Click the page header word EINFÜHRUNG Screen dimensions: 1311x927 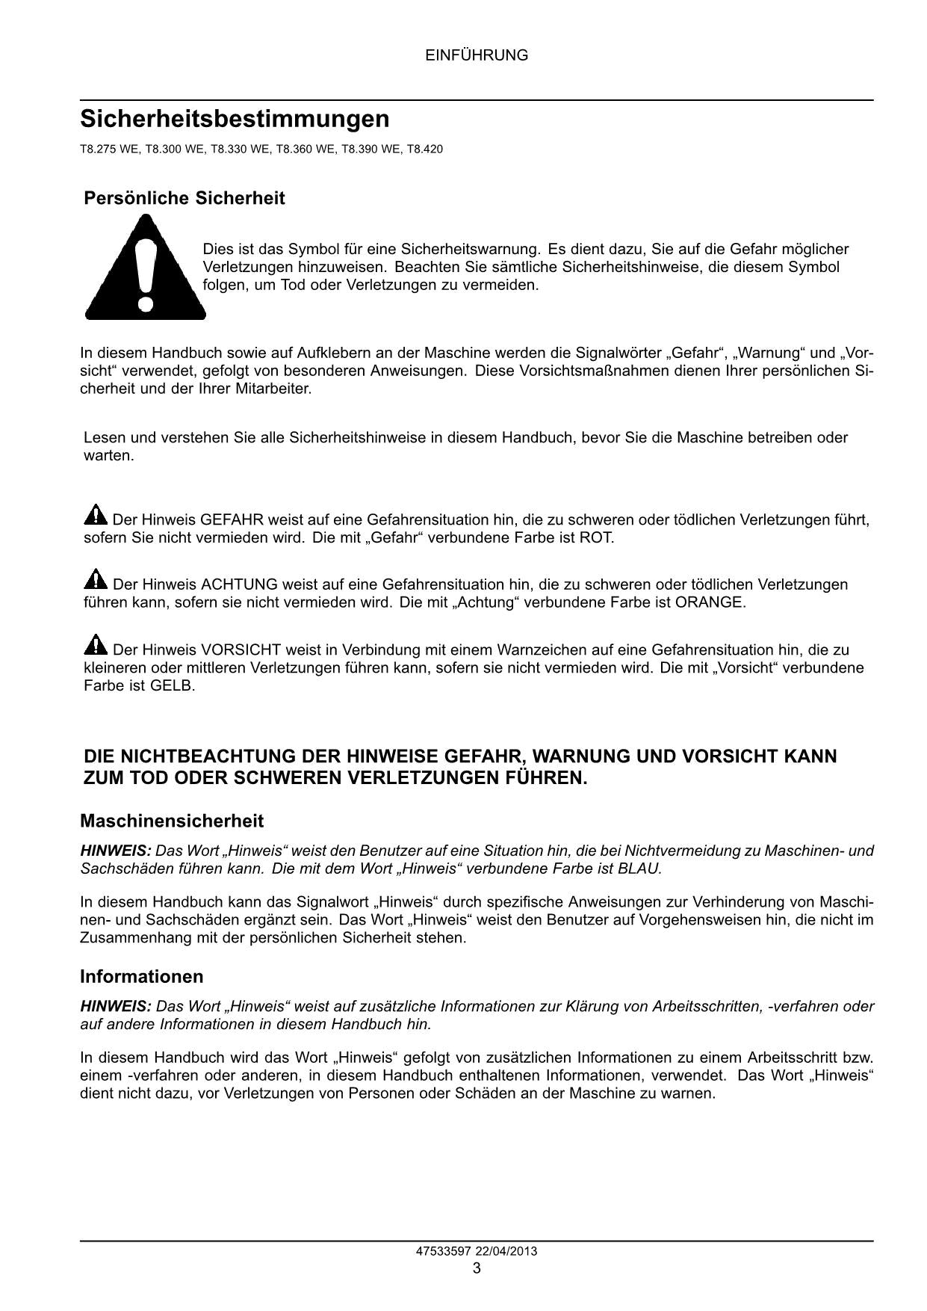pos(477,55)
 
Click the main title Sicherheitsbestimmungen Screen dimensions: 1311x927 pos(235,120)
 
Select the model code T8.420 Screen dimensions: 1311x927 pos(424,149)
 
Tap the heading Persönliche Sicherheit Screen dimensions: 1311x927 pos(184,199)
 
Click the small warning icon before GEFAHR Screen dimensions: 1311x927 pos(96,516)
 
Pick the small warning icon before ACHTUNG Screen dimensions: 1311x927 pos(96,580)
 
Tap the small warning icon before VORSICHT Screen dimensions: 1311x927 pos(96,645)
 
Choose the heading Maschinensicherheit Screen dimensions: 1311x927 pos(172,821)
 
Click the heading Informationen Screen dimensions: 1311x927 pos(141,977)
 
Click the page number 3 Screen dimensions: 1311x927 pos(477,1268)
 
